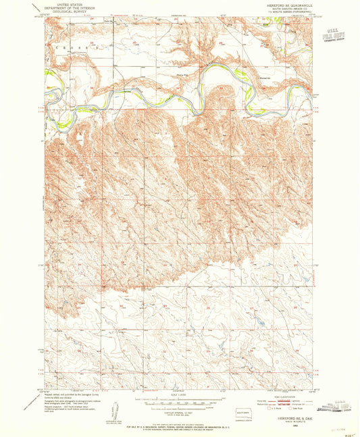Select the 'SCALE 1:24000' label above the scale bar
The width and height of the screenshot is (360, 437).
(180, 393)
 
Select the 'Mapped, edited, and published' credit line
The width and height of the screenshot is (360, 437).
(68, 393)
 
